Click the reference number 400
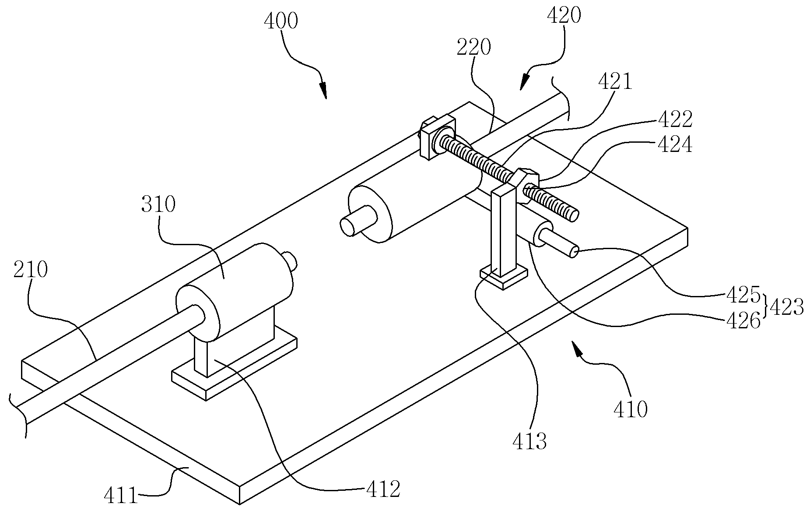281,21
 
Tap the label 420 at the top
564,16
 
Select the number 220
473,47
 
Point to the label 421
615,81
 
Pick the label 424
675,144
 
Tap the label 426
743,322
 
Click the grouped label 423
786,308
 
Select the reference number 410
630,409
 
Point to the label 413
529,442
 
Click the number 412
383,489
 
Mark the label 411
121,497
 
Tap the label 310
158,204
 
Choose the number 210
30,271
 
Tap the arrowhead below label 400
323,90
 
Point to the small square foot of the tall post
504,276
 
